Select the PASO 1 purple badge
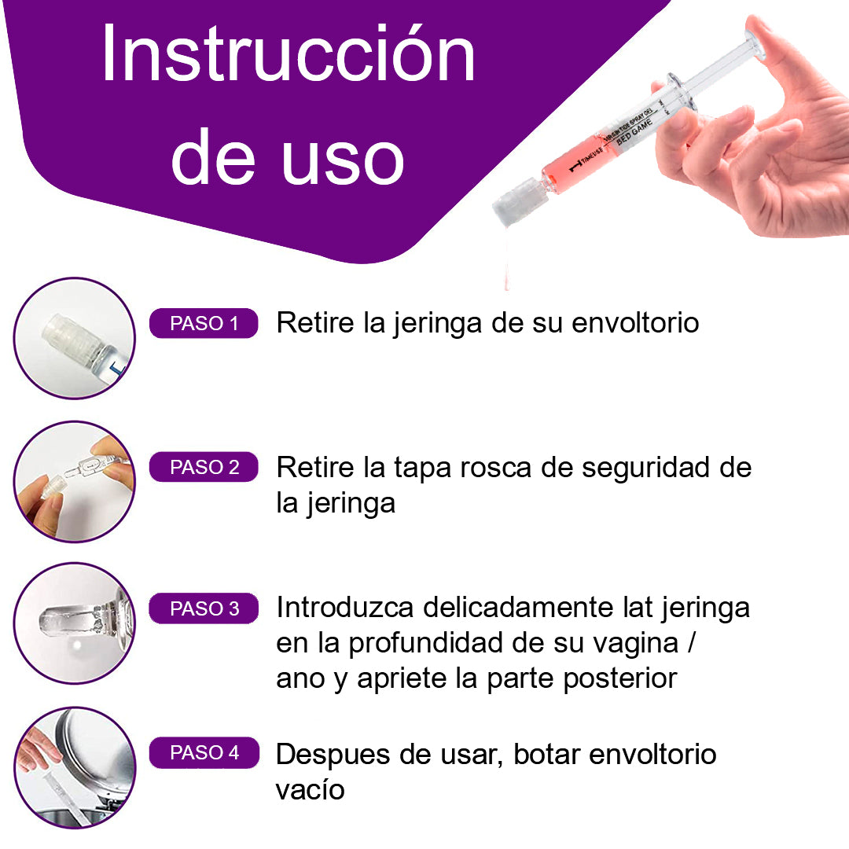204,324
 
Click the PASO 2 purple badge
204,468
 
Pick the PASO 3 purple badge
204,609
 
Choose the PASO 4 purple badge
204,753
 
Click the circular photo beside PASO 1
75,339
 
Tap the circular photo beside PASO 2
75,482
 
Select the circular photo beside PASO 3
75,623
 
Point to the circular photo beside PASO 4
75,767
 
